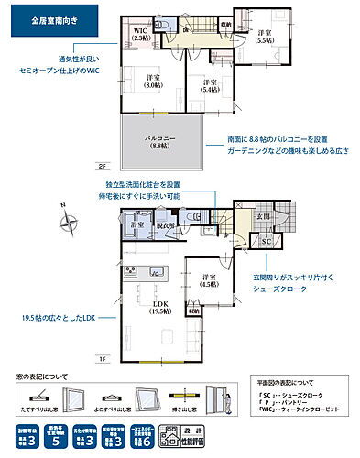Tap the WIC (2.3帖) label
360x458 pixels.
[140, 34]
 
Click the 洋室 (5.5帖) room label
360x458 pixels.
[263, 37]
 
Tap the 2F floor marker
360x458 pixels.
[103, 167]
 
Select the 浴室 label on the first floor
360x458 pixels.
[138, 224]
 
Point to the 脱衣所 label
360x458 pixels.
[165, 224]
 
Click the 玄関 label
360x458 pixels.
[262, 216]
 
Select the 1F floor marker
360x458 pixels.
[103, 358]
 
